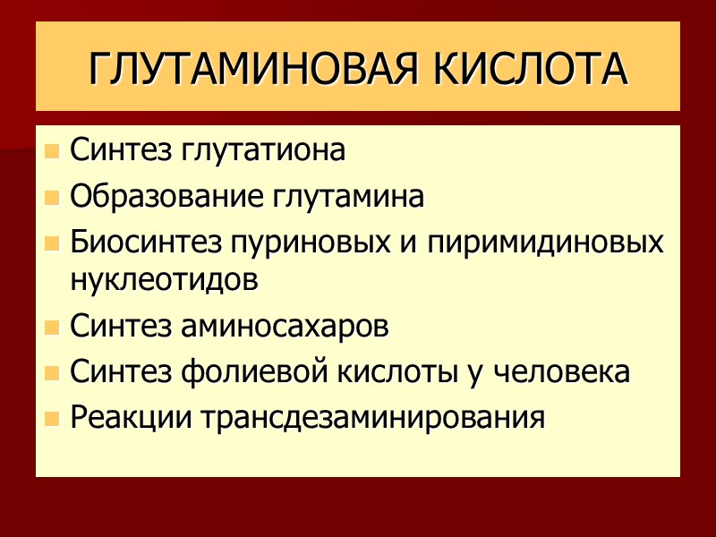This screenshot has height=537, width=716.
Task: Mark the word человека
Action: pos(562,371)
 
